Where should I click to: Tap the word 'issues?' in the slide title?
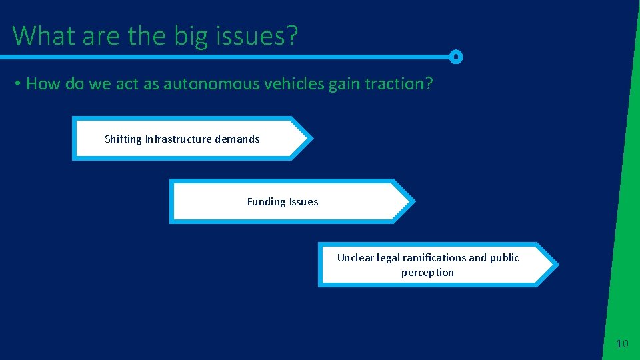255,36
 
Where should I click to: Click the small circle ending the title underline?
456,57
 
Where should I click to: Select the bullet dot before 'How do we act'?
18,84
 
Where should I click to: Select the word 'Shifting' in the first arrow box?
123,139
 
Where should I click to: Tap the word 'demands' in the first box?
237,139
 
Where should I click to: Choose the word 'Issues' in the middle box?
303,202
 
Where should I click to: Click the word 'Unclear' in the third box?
355,258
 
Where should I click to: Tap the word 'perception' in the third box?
427,273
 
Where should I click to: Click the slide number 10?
622,344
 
